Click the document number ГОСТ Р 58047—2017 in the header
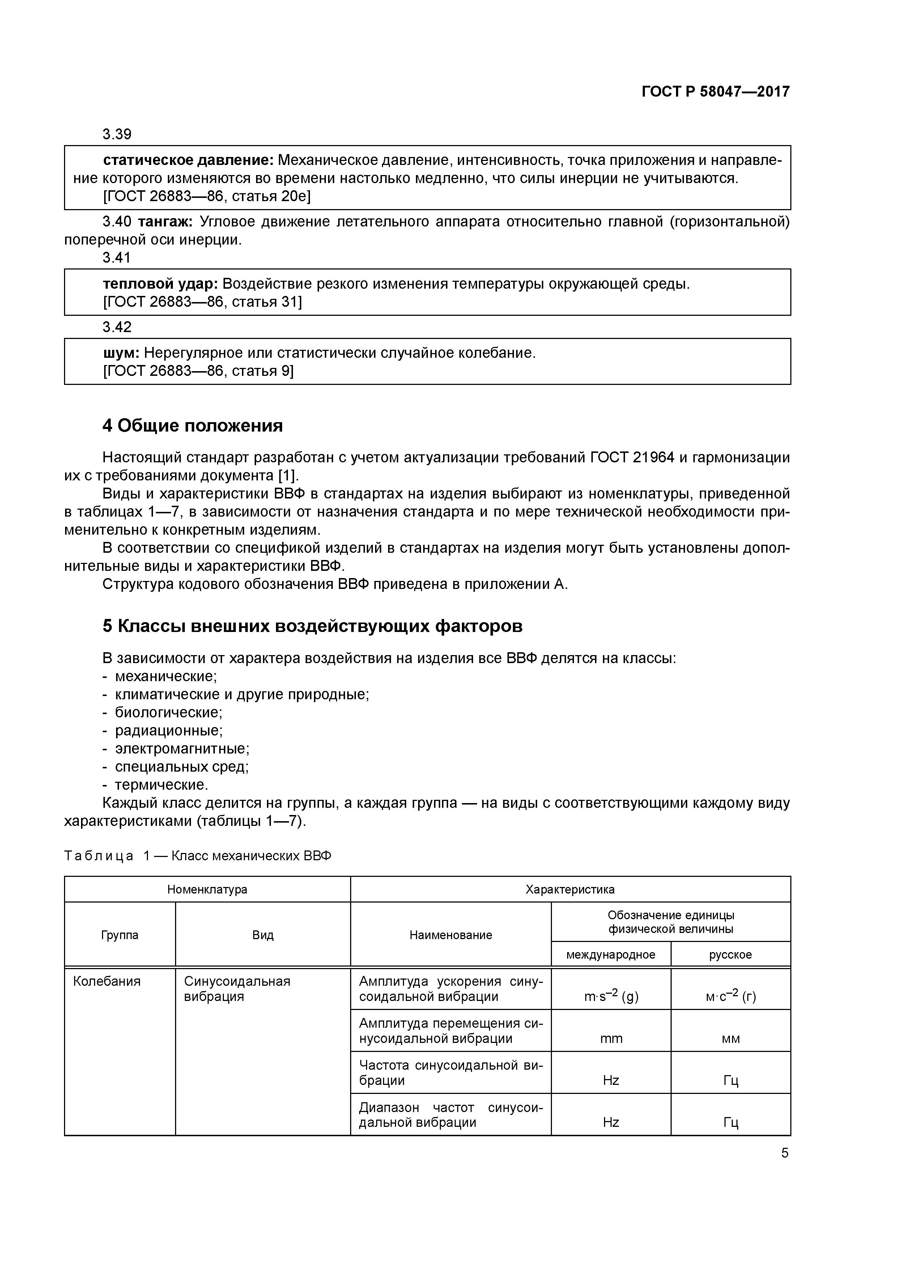pyautogui.click(x=715, y=92)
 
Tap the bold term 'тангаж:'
pyautogui.click(x=165, y=222)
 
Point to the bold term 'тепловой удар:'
pyautogui.click(x=160, y=284)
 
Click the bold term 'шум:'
pyautogui.click(x=122, y=353)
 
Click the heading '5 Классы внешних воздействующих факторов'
pyautogui.click(x=312, y=626)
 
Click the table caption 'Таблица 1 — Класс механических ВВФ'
pyautogui.click(x=198, y=856)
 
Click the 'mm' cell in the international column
pyautogui.click(x=611, y=1039)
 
